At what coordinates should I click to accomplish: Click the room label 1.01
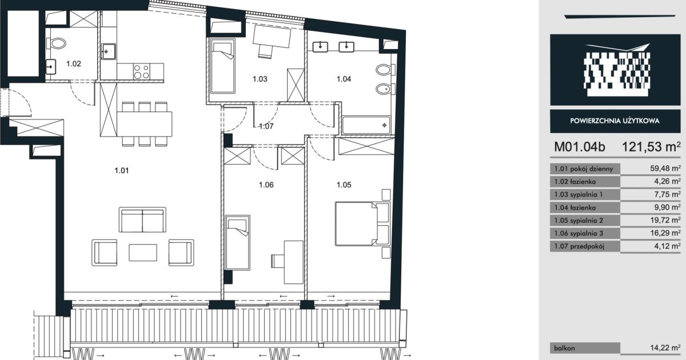[122, 170]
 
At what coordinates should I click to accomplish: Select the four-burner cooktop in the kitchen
[142, 71]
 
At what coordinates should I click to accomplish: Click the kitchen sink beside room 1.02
[109, 51]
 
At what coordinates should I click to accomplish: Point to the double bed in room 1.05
[362, 223]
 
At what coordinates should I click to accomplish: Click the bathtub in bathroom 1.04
[366, 125]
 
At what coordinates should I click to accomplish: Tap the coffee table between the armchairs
[143, 253]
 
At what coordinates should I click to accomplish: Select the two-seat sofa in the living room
[142, 220]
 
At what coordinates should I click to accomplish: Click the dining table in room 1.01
[144, 124]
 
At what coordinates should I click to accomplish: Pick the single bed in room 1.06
[237, 243]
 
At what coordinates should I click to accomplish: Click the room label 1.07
[266, 126]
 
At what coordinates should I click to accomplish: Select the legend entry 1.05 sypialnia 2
[579, 221]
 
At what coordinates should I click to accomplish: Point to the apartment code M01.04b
[580, 147]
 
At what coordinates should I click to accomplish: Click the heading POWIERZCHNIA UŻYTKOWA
[615, 121]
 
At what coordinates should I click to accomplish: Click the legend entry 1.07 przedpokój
[579, 246]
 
